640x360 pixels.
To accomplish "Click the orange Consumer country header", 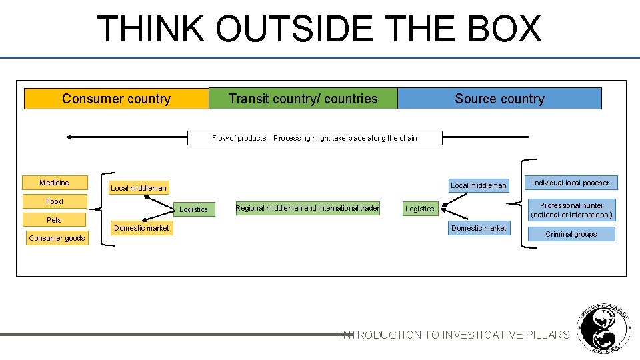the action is point(117,99).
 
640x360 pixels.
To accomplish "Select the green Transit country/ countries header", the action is point(303,99).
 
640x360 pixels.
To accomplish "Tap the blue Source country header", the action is point(499,99).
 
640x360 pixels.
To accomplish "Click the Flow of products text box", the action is point(315,138).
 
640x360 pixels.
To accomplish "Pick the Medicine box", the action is point(54,183).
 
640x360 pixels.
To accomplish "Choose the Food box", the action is point(55,201).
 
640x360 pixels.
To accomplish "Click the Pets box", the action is point(54,220).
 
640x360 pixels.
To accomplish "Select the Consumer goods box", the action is point(57,238).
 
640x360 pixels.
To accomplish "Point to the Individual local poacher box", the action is point(571,183).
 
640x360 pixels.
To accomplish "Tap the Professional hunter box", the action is point(571,210).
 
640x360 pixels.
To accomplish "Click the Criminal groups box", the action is point(571,234).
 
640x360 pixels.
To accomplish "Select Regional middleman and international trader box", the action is point(307,208).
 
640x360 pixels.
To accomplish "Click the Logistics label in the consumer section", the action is point(194,209).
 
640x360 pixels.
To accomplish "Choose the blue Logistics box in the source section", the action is point(420,209).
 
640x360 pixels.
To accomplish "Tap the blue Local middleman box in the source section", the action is point(479,185).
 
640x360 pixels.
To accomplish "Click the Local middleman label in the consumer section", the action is point(139,188).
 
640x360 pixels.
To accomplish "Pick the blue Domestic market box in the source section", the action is point(479,228).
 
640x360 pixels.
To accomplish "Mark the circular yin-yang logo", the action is point(603,329).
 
